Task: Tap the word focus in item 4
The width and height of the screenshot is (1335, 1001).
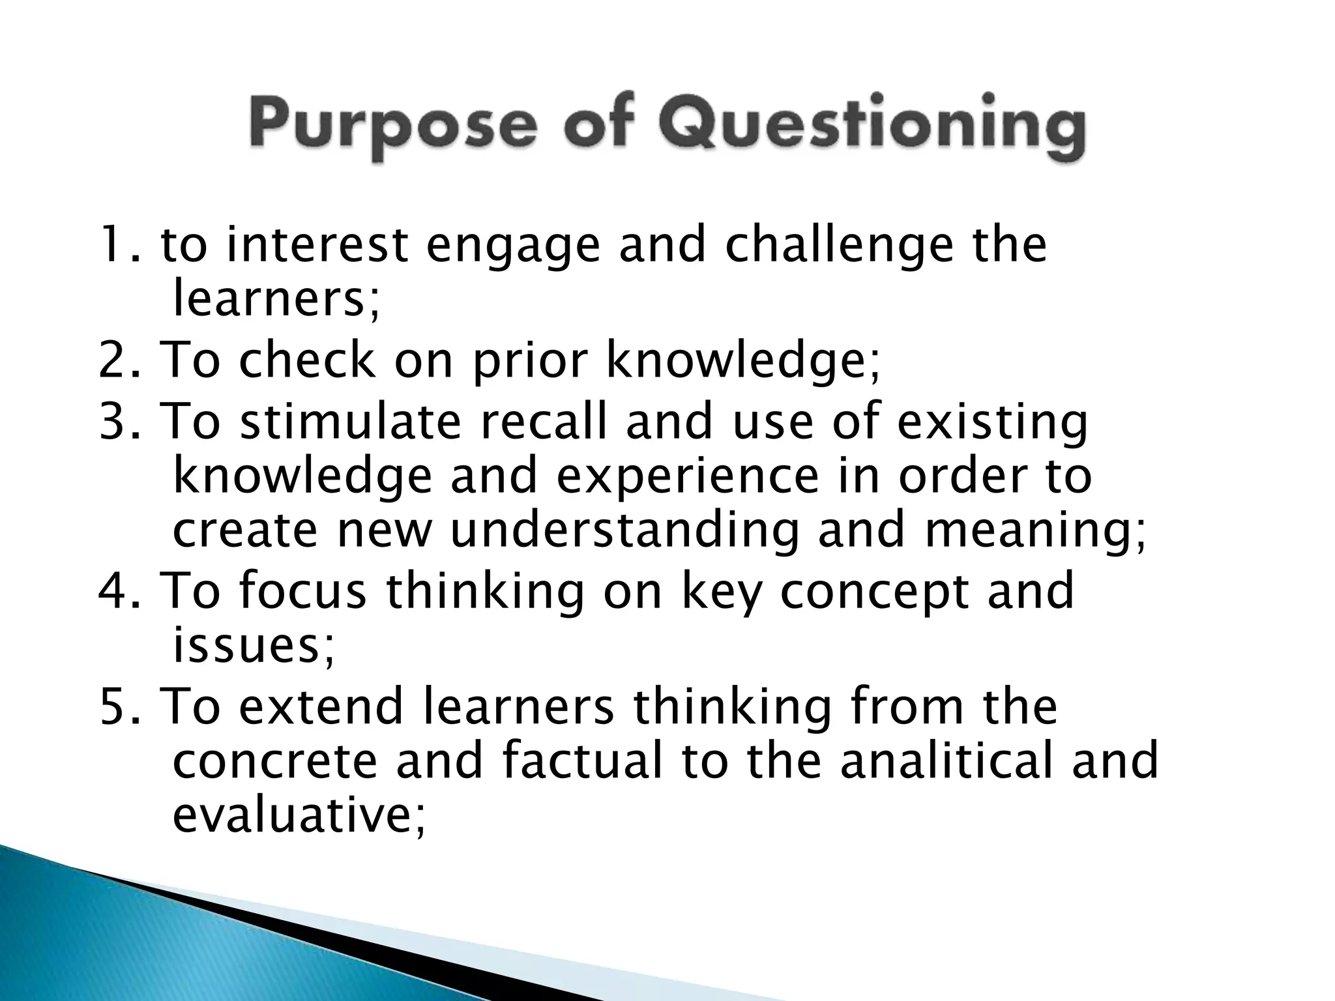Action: coord(302,590)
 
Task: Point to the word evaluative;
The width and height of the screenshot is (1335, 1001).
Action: coord(300,815)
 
